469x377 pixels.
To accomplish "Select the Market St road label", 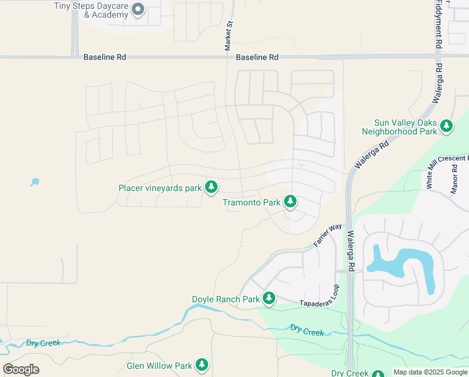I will pos(229,36).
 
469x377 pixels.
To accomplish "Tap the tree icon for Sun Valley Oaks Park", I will pos(446,126).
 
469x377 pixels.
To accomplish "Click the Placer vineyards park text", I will pos(160,187).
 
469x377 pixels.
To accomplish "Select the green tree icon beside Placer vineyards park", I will pos(212,187).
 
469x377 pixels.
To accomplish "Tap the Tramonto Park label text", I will pos(251,202).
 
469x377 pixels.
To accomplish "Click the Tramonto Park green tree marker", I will pos(290,202).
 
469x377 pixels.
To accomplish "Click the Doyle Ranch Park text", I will pos(226,299).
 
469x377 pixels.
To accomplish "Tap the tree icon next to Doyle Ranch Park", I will pos(269,298).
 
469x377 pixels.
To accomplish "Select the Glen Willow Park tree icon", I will pos(201,364).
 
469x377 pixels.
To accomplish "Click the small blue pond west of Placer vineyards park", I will pos(34,183).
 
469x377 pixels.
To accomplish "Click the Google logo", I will pos(21,369).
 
